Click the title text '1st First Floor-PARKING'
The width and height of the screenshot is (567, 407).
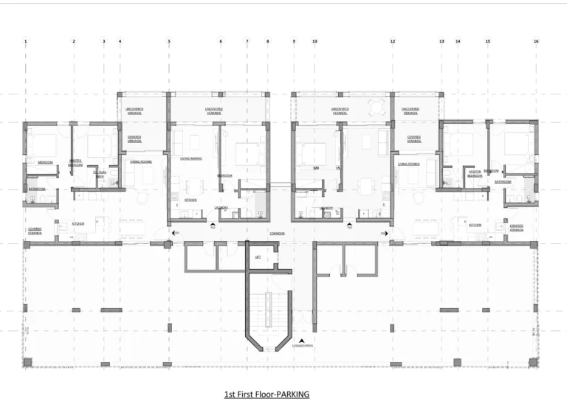[x=267, y=394]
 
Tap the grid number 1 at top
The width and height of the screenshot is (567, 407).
[x=25, y=41]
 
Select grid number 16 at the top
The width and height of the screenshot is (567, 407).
[x=536, y=41]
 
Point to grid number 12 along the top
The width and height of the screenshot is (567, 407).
[x=393, y=41]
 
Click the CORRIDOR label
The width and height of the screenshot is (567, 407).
[x=278, y=233]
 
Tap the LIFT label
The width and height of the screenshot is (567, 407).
[x=257, y=257]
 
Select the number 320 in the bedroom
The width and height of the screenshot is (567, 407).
[x=316, y=169]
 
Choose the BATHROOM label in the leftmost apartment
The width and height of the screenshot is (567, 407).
[x=37, y=189]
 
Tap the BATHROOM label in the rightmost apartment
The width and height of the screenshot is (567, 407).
[x=503, y=181]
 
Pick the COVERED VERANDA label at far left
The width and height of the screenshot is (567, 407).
[x=35, y=230]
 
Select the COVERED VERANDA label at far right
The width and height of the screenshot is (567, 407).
[x=517, y=228]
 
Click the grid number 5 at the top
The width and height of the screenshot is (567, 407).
[x=169, y=41]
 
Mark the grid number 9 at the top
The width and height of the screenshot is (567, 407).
[x=294, y=41]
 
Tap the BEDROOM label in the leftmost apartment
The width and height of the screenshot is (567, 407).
[x=45, y=161]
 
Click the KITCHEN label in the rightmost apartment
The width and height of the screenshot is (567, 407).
[x=475, y=225]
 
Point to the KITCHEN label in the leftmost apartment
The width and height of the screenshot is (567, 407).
[x=78, y=223]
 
